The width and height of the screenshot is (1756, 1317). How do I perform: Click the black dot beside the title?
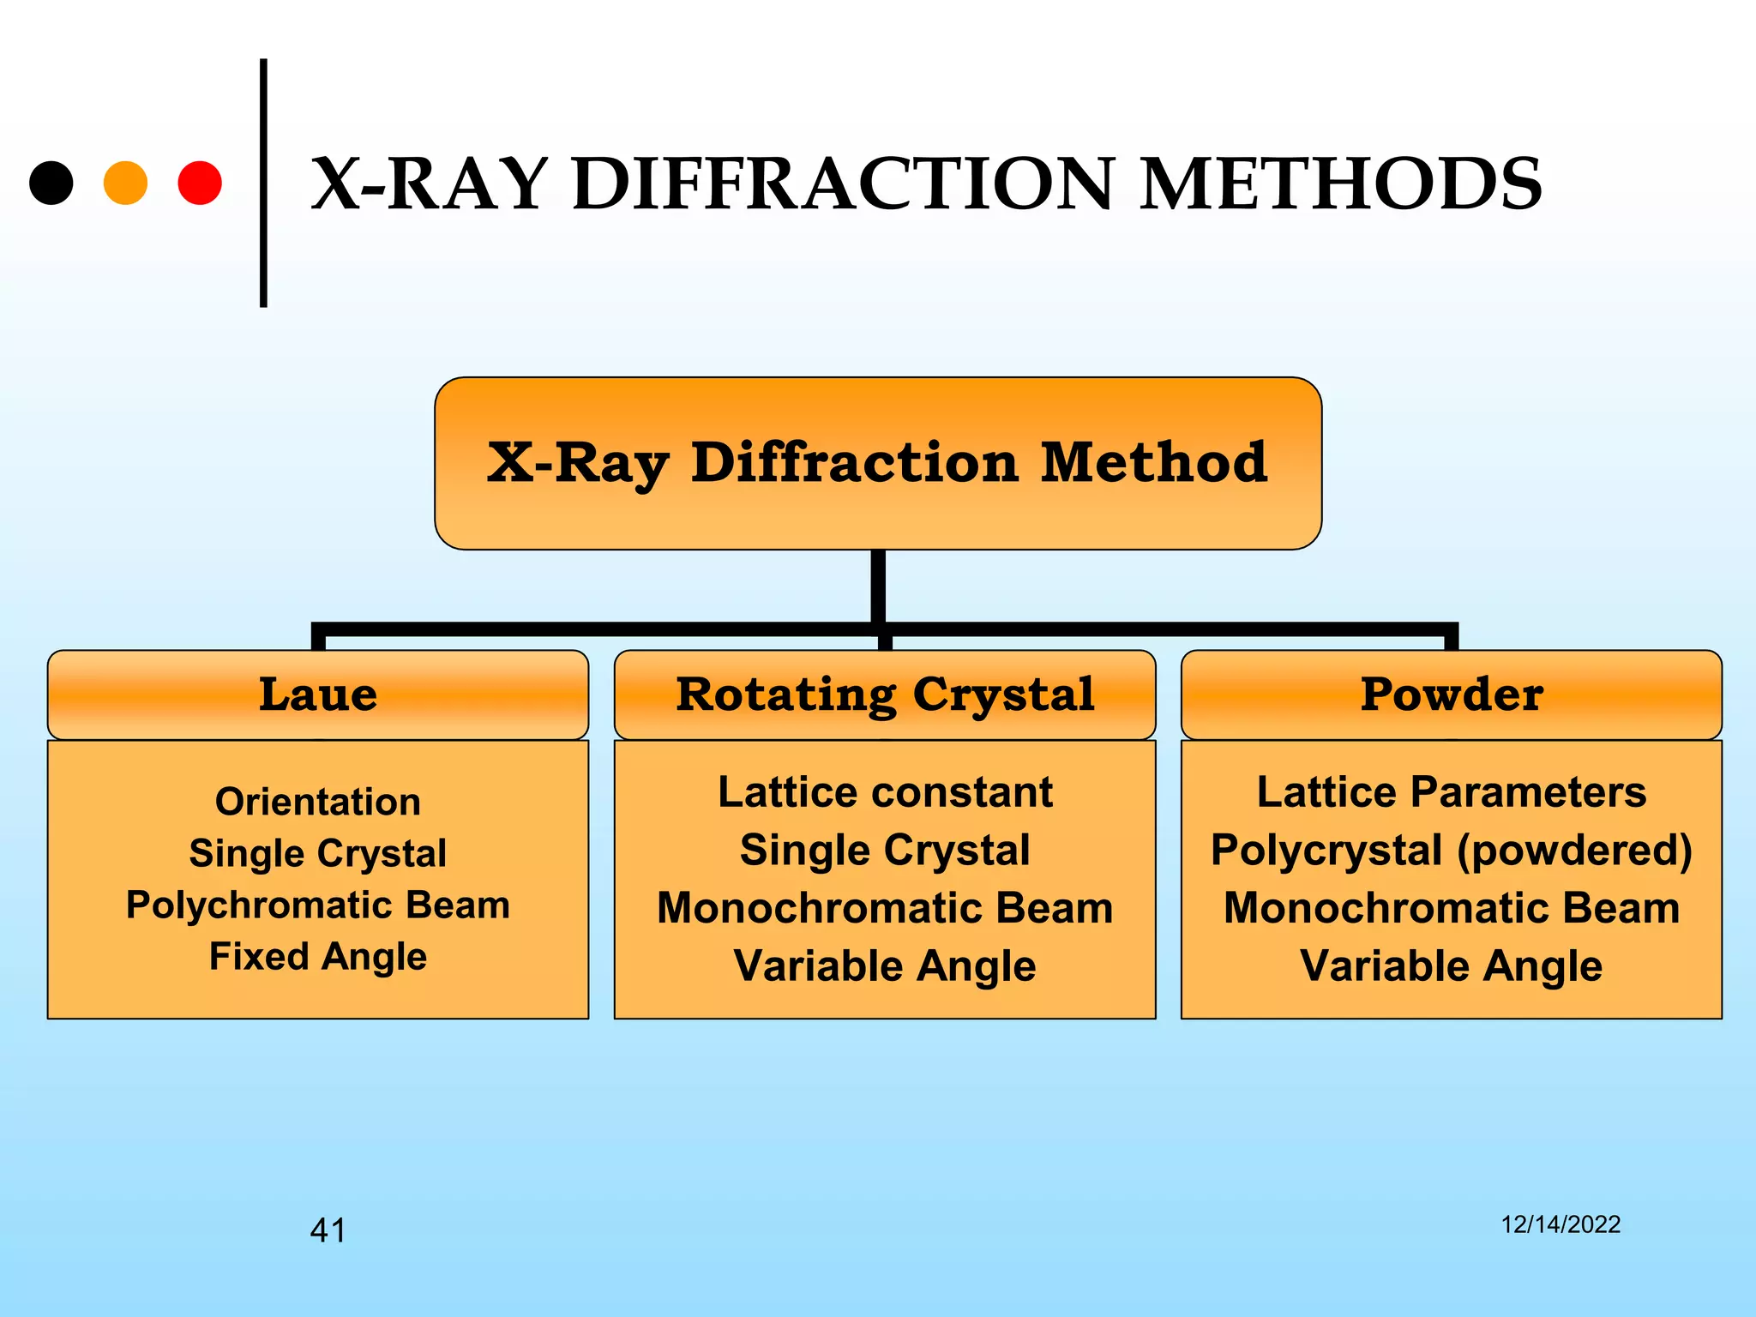[51, 183]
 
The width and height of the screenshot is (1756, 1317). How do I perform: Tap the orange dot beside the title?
[125, 183]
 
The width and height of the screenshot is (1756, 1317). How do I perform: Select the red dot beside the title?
[200, 183]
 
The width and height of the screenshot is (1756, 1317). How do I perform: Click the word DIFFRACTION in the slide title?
[845, 183]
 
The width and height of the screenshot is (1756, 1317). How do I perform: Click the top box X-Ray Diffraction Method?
[877, 463]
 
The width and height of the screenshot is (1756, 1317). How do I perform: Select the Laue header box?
[318, 695]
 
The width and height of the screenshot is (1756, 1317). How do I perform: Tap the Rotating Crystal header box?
[885, 695]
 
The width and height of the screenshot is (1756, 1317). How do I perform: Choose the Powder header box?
[1452, 695]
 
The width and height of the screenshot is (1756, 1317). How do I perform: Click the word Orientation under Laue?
[318, 802]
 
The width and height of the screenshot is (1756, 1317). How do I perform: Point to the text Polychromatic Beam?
[318, 905]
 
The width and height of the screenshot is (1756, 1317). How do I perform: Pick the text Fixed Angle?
[318, 957]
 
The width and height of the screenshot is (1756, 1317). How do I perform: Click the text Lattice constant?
[885, 791]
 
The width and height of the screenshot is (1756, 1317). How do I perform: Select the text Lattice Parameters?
[1452, 791]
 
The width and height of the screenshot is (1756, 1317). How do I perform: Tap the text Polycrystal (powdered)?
[1452, 851]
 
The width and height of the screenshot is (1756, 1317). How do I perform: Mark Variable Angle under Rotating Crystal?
[885, 966]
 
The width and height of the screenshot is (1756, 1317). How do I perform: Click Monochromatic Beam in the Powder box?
[1452, 908]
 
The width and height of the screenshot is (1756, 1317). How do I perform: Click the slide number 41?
[328, 1230]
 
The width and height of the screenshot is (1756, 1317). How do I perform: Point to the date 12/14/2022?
[1561, 1224]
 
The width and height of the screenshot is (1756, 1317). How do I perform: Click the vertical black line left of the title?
[263, 183]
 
